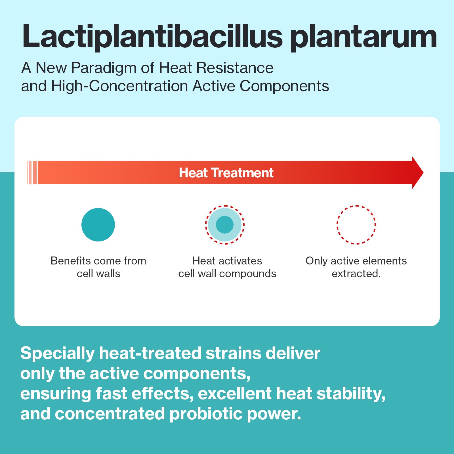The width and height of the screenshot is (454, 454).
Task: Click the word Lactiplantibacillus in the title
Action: pos(153,36)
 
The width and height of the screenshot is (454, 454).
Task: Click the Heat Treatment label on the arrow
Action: pos(226,173)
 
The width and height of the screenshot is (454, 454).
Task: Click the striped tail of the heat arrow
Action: pos(32,173)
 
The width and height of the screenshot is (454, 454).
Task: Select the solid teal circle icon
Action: pos(98,225)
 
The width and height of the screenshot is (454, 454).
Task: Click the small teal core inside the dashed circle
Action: pos(225,225)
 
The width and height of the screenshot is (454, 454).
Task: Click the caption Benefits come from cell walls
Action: pos(98,267)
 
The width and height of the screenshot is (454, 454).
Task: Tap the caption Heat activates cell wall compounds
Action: pos(227,267)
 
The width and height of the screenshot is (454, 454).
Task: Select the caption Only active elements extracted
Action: pos(356,267)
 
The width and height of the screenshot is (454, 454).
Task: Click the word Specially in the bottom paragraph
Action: pos(58,354)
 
